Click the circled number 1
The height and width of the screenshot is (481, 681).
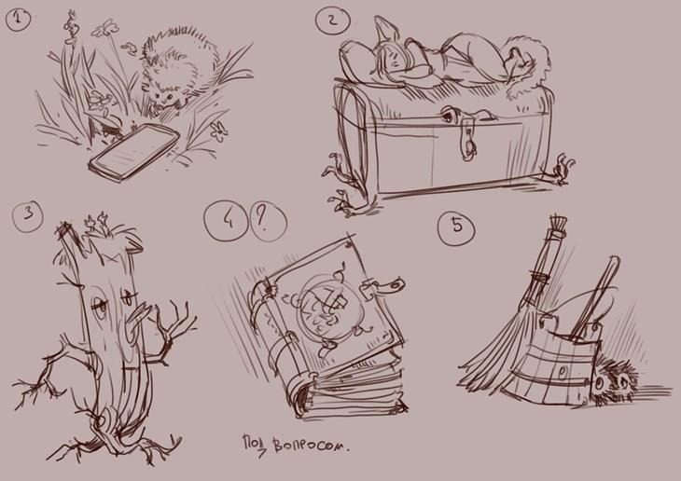[x=19, y=20]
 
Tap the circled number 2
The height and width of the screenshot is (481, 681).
[x=333, y=20]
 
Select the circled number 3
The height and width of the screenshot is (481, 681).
[x=28, y=214]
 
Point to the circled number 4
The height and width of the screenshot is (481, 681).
[x=227, y=221]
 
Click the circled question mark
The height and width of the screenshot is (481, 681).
[x=269, y=222]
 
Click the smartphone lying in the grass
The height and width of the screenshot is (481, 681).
[x=133, y=151]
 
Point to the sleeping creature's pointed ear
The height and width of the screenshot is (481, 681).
[x=386, y=30]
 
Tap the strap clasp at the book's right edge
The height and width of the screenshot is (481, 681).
[x=383, y=286]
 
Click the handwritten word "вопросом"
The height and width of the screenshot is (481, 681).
[x=311, y=447]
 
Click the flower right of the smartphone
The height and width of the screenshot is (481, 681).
[x=219, y=131]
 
